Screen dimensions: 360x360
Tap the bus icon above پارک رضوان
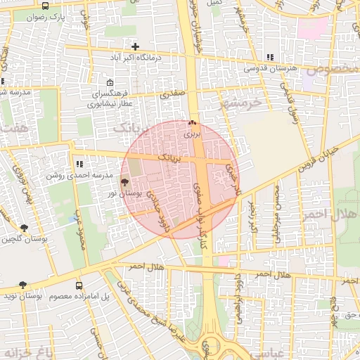pyautogui.click(x=46, y=6)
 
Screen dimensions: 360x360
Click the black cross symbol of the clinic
pyautogui.click(x=135, y=46)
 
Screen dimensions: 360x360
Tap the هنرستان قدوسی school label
pyautogui.click(x=269, y=68)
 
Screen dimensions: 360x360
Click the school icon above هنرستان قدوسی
pyautogui.click(x=269, y=58)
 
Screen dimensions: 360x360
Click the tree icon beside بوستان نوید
pyautogui.click(x=23, y=285)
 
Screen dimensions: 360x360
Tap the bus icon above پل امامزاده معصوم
pyautogui.click(x=79, y=286)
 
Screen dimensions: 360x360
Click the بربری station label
pyautogui.click(x=193, y=132)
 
